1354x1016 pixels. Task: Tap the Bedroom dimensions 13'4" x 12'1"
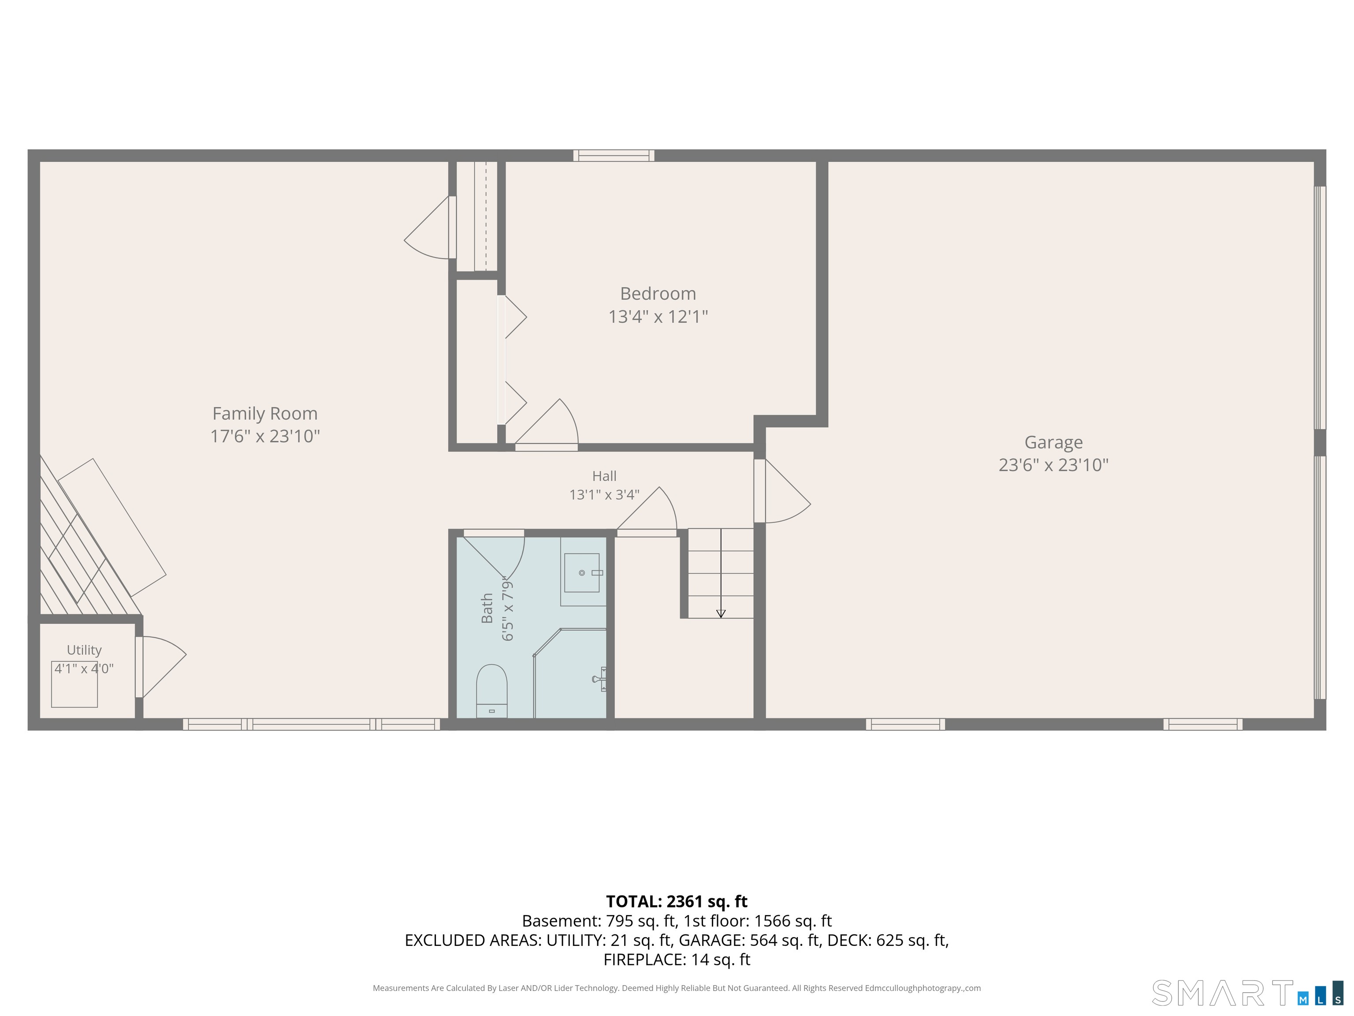tap(658, 317)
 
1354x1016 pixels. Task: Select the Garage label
tap(1053, 442)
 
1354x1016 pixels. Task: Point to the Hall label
tap(604, 476)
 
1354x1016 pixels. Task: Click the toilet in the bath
tap(491, 690)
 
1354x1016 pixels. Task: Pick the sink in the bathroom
tap(581, 573)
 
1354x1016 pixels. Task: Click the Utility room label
tap(84, 650)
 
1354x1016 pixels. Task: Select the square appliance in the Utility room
tap(74, 684)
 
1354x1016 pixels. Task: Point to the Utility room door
tap(160, 667)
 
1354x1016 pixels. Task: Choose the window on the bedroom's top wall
tap(614, 156)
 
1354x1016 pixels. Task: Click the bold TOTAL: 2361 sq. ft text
tap(677, 901)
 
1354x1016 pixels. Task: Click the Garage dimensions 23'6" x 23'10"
tap(1053, 465)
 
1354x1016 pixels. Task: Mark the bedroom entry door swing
tap(546, 422)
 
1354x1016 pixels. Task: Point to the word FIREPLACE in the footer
tap(644, 960)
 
